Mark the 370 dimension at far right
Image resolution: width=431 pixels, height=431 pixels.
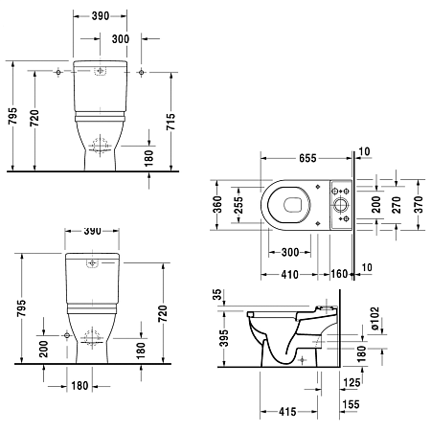click(x=418, y=206)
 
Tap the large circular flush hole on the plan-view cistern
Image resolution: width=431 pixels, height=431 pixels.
click(x=340, y=205)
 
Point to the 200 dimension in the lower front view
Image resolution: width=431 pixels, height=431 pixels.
click(x=42, y=351)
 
